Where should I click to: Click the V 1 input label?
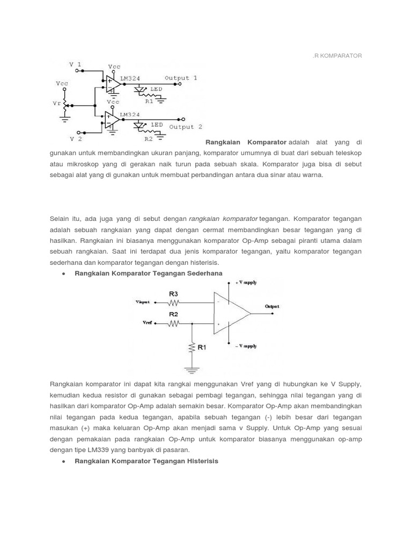pyautogui.click(x=76, y=64)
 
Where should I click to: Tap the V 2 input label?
pyautogui.click(x=76, y=138)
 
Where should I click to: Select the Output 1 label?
pyautogui.click(x=181, y=78)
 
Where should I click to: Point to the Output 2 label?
pyautogui.click(x=186, y=127)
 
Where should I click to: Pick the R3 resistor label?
pyautogui.click(x=173, y=294)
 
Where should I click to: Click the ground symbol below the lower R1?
pyautogui.click(x=192, y=368)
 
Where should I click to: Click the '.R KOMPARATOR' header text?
pyautogui.click(x=338, y=56)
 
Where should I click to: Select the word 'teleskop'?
pyautogui.click(x=348, y=153)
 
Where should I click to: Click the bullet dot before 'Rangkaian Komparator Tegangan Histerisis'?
pyautogui.click(x=64, y=462)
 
